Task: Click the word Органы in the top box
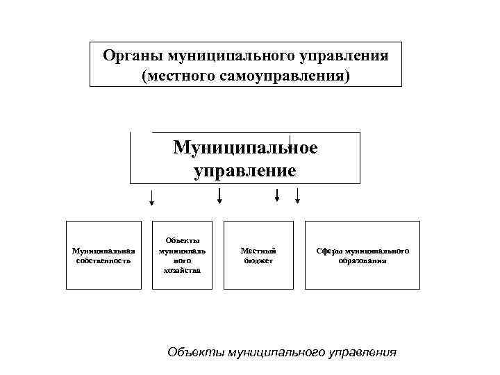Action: point(126,55)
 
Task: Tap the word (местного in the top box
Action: point(178,74)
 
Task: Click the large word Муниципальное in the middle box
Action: point(245,147)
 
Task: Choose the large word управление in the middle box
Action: point(245,170)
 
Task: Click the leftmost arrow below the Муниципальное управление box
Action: point(152,199)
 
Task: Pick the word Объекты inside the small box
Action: point(183,240)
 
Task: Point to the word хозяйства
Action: point(183,270)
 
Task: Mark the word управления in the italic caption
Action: point(361,352)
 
